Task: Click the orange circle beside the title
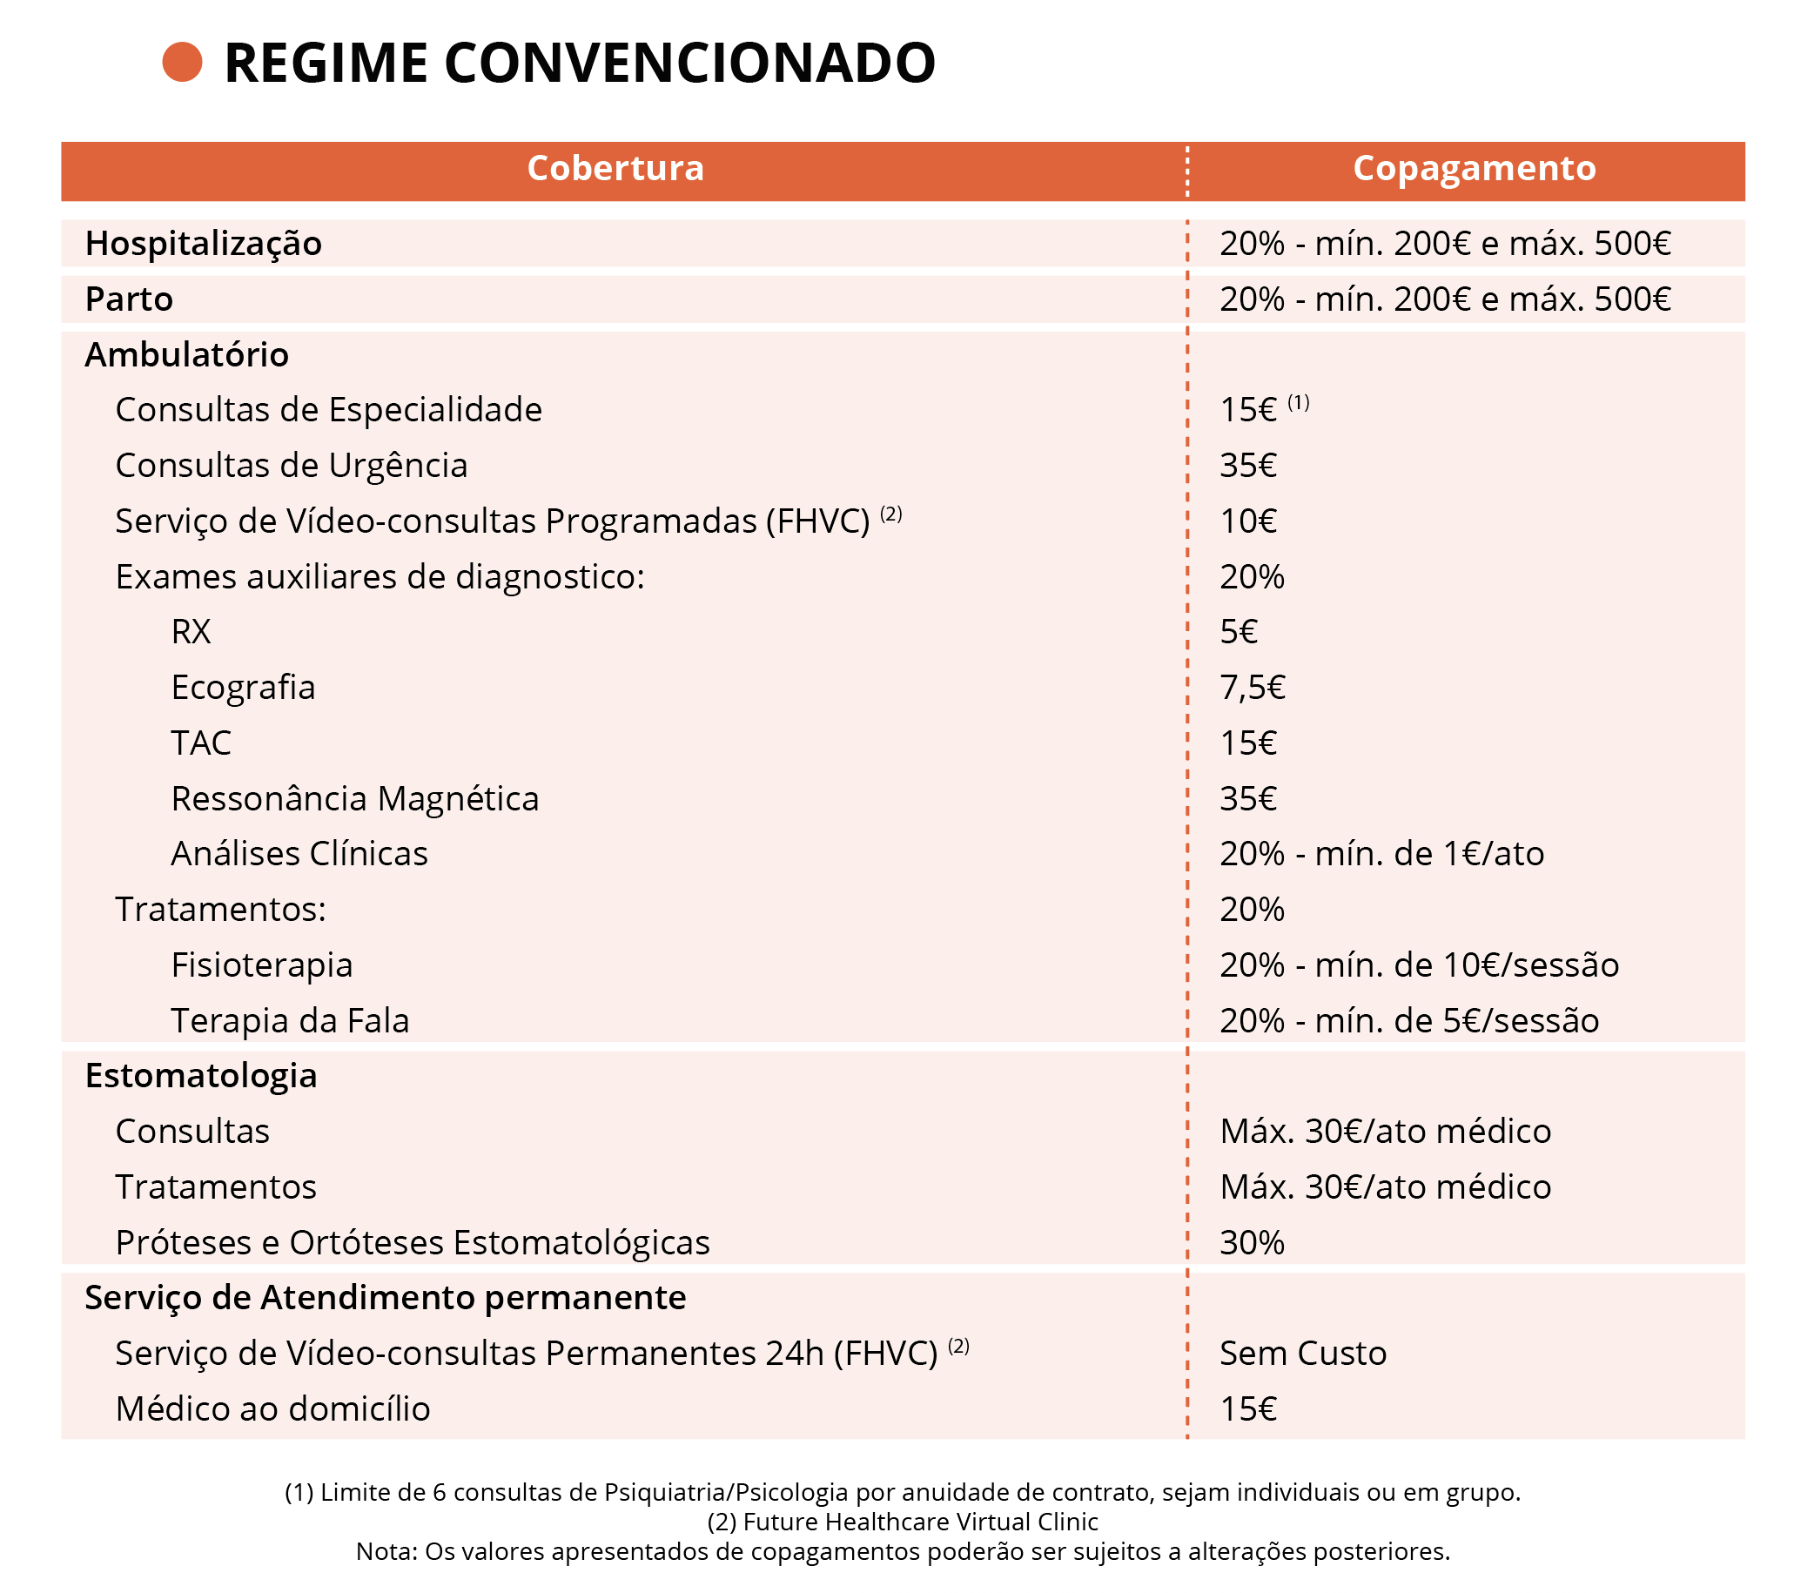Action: pyautogui.click(x=182, y=62)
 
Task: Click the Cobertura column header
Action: pyautogui.click(x=615, y=169)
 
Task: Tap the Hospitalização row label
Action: pyautogui.click(x=203, y=243)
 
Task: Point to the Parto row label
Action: pyautogui.click(x=129, y=299)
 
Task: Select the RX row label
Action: pyautogui.click(x=191, y=632)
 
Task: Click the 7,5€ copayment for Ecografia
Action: pyautogui.click(x=1252, y=688)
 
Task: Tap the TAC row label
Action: pyautogui.click(x=200, y=743)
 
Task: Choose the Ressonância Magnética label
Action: pyautogui.click(x=355, y=799)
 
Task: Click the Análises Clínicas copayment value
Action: pyautogui.click(x=1381, y=854)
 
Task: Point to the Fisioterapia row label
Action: pyautogui.click(x=262, y=965)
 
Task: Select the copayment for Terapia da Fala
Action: pyautogui.click(x=1408, y=1020)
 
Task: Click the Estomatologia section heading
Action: pyautogui.click(x=200, y=1076)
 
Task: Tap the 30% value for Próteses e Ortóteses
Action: pyautogui.click(x=1252, y=1242)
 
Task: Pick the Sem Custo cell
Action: pyautogui.click(x=1302, y=1354)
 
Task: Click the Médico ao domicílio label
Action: pyautogui.click(x=272, y=1409)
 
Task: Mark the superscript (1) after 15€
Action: pyautogui.click(x=1298, y=403)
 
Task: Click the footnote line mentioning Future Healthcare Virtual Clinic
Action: pyautogui.click(x=903, y=1522)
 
